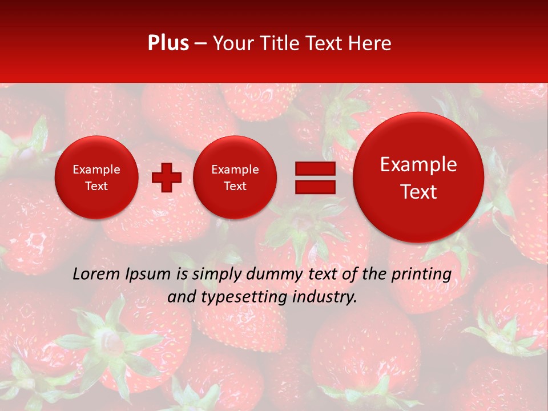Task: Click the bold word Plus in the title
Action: [x=168, y=43]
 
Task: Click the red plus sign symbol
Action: [x=167, y=177]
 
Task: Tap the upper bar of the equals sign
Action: [x=315, y=168]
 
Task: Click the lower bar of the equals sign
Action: [x=315, y=187]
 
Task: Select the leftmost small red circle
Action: [x=96, y=177]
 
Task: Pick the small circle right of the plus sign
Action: [x=235, y=177]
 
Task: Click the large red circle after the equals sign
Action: [x=418, y=177]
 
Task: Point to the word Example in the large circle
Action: [x=418, y=165]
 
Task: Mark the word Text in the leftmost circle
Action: [x=96, y=186]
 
